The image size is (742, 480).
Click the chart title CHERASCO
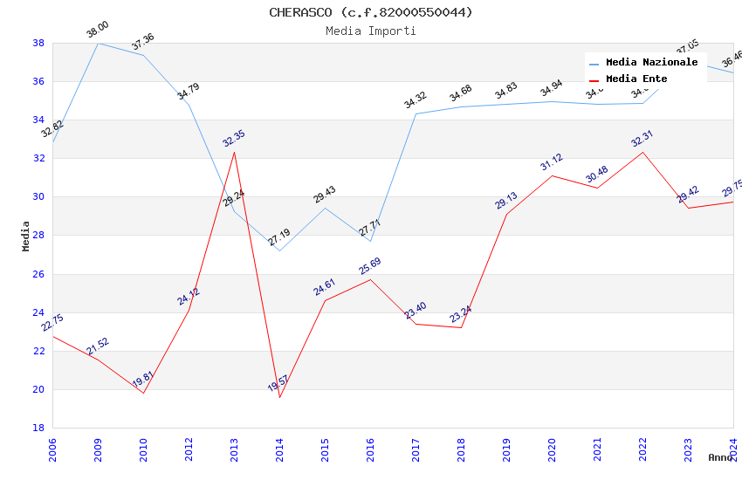click(x=370, y=12)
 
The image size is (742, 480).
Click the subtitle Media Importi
click(x=370, y=31)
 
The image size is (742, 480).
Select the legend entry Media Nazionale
click(x=651, y=63)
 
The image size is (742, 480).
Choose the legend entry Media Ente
click(x=636, y=79)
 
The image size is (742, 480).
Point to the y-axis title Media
click(x=26, y=236)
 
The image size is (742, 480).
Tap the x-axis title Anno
click(x=720, y=457)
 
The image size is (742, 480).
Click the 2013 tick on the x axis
click(x=234, y=450)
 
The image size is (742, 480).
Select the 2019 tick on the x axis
click(x=506, y=450)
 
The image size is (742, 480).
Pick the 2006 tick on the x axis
click(x=52, y=450)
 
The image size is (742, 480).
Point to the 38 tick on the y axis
click(x=38, y=43)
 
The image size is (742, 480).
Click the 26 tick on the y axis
click(x=38, y=274)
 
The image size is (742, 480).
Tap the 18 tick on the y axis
click(x=38, y=428)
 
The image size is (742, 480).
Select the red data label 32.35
click(x=234, y=138)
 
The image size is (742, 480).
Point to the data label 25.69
click(x=370, y=265)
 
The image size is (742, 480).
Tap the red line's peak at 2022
click(x=642, y=152)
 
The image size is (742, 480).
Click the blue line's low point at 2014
click(x=279, y=250)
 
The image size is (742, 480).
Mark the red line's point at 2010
click(x=143, y=393)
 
